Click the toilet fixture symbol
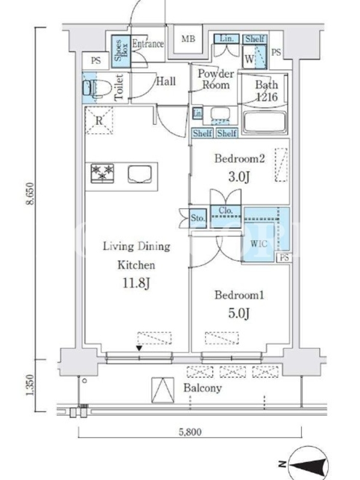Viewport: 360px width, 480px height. tap(97, 88)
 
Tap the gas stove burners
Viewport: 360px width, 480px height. tap(103, 173)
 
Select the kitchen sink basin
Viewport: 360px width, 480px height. tap(140, 175)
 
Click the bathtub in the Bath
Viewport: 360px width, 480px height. tap(265, 122)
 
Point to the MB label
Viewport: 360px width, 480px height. tap(188, 39)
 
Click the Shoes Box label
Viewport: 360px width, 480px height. tap(121, 51)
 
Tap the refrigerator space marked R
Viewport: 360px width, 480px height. tap(99, 120)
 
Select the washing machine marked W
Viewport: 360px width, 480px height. tap(254, 57)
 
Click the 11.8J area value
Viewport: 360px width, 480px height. tap(136, 283)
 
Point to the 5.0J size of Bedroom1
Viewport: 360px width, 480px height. tap(239, 313)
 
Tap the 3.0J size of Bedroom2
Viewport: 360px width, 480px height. tap(239, 176)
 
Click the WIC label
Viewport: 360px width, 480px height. tap(259, 244)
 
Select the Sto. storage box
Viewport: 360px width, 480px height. tap(198, 218)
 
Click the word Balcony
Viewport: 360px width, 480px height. tap(202, 388)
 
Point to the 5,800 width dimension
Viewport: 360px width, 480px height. tap(190, 431)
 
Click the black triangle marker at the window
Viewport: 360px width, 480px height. tap(139, 348)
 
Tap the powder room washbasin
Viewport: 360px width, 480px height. tap(220, 114)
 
